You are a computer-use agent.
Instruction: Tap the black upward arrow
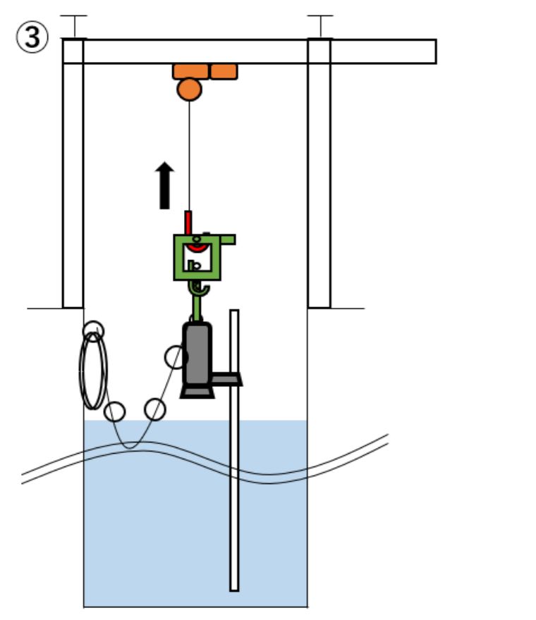tap(164, 186)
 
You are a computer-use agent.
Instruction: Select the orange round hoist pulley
tap(189, 89)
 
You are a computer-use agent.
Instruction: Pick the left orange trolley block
tap(190, 71)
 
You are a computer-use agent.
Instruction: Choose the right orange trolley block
tap(224, 71)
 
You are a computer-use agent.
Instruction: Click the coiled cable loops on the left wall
tap(93, 370)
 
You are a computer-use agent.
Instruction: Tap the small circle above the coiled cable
tap(92, 330)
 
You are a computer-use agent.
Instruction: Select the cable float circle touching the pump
tap(176, 356)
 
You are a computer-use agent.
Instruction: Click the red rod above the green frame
tap(188, 222)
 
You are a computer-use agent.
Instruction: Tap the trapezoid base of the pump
tap(197, 391)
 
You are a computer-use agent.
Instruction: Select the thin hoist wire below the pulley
tap(189, 155)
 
